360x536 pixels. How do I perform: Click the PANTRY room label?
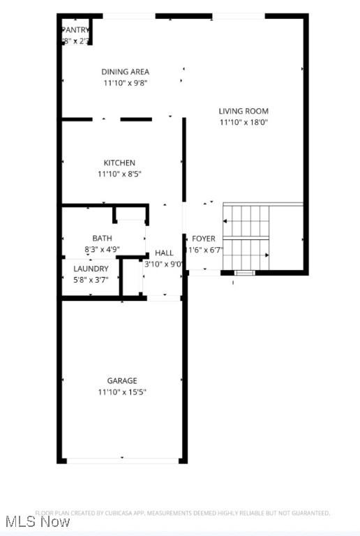(75, 30)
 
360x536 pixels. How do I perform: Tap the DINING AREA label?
(126, 72)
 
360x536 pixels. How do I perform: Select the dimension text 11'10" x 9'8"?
(126, 83)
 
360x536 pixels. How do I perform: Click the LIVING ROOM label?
(243, 111)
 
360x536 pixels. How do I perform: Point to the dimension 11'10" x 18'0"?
(243, 122)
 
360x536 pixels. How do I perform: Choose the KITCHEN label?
(119, 163)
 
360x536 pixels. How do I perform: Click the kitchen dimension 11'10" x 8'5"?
(119, 174)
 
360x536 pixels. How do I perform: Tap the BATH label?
(102, 239)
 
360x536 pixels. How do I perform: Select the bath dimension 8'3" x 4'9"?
(102, 249)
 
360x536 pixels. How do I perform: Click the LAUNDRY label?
(91, 269)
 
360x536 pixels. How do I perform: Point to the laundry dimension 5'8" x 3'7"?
(91, 280)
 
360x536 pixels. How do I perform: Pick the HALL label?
(164, 253)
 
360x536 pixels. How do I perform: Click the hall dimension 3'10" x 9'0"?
(164, 265)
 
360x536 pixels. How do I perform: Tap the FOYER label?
(204, 239)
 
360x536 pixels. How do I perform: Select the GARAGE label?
(122, 381)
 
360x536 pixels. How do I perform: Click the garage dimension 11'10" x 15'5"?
(122, 392)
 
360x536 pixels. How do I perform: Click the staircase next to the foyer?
(246, 237)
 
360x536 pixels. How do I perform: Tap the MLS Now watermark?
(36, 521)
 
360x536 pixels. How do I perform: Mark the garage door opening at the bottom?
(122, 460)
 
